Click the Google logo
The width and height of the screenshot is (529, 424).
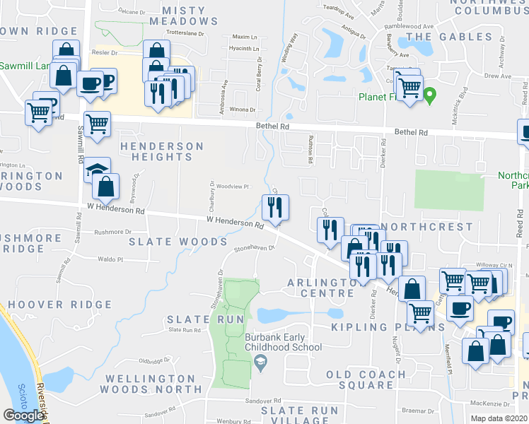[x=23, y=416]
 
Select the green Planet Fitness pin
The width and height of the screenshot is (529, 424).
[x=429, y=95]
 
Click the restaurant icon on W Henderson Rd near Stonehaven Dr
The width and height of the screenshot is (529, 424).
[x=275, y=207]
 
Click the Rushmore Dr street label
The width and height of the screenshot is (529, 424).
[x=112, y=232]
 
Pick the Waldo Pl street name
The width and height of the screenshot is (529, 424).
[x=110, y=259]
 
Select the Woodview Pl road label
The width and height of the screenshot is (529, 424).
[x=233, y=187]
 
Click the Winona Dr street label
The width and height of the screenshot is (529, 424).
[x=242, y=110]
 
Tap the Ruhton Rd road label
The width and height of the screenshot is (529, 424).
[x=310, y=151]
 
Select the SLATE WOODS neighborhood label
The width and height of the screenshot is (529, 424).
[x=178, y=242]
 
